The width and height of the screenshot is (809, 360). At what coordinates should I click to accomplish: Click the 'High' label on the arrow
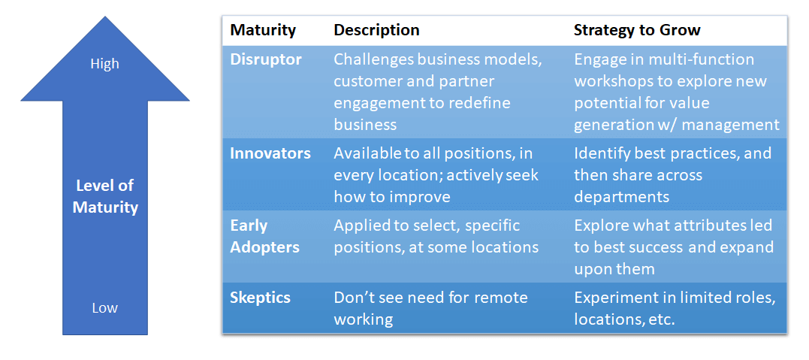pyautogui.click(x=104, y=64)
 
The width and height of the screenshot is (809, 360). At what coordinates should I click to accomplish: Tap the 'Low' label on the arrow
pyautogui.click(x=104, y=308)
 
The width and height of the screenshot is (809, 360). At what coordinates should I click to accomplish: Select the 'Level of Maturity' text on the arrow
pyautogui.click(x=105, y=196)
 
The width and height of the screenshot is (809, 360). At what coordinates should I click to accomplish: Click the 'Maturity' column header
pyautogui.click(x=263, y=30)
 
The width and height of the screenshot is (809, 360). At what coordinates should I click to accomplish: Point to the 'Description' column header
pyautogui.click(x=376, y=30)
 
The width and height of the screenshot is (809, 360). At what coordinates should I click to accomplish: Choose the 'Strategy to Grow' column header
pyautogui.click(x=637, y=30)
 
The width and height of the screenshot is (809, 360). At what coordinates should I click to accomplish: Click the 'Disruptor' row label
pyautogui.click(x=266, y=59)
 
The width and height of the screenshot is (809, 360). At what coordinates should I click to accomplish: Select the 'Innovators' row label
pyautogui.click(x=270, y=153)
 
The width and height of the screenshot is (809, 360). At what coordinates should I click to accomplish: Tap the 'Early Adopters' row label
pyautogui.click(x=264, y=237)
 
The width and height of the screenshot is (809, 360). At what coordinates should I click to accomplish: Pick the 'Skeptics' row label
pyautogui.click(x=260, y=298)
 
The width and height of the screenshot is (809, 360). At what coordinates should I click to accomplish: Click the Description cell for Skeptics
pyautogui.click(x=431, y=308)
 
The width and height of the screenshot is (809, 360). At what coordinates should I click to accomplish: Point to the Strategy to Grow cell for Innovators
pyautogui.click(x=673, y=175)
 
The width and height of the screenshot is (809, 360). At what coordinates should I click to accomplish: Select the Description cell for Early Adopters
pyautogui.click(x=436, y=237)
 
